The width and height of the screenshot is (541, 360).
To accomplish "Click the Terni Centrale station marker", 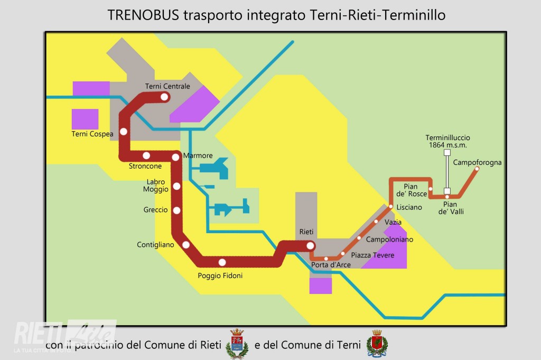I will (x=164, y=97).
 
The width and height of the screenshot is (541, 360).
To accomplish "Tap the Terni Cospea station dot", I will (x=124, y=132).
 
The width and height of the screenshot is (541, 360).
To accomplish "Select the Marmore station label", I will (x=198, y=156).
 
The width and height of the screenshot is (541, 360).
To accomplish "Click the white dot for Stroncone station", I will (x=146, y=155).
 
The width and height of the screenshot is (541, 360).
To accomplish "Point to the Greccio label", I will (x=155, y=210).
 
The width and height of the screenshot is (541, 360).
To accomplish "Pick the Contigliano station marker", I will (x=185, y=245).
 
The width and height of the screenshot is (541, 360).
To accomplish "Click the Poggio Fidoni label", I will (x=220, y=275).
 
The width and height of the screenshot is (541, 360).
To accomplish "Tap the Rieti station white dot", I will (x=310, y=245).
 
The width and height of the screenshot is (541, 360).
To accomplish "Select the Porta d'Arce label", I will (x=327, y=265).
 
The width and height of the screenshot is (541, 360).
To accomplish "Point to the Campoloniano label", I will (x=389, y=239).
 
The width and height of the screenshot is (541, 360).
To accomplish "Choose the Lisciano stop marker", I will (x=390, y=206).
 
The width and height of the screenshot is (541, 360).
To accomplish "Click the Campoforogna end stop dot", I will (x=477, y=169).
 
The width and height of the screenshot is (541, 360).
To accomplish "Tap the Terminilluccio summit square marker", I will (x=447, y=152).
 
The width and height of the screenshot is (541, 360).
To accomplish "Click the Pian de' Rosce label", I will (x=415, y=190).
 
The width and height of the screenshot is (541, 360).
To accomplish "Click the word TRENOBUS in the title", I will (x=143, y=15).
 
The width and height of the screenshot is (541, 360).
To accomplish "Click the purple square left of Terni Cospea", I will (x=85, y=119).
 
